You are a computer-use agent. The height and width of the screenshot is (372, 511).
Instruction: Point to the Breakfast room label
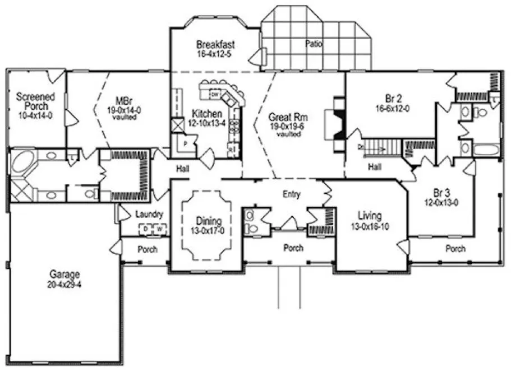coord(215,49)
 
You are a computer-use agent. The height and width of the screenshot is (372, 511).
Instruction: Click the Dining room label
coord(208,225)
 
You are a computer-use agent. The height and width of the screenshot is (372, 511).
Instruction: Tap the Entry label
coord(292,195)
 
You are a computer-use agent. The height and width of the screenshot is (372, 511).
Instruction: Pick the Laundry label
coord(149,214)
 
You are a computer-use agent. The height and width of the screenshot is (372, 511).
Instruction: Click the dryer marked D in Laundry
coord(145,229)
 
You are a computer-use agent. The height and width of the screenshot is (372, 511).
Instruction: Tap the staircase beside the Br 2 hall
coord(381,148)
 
